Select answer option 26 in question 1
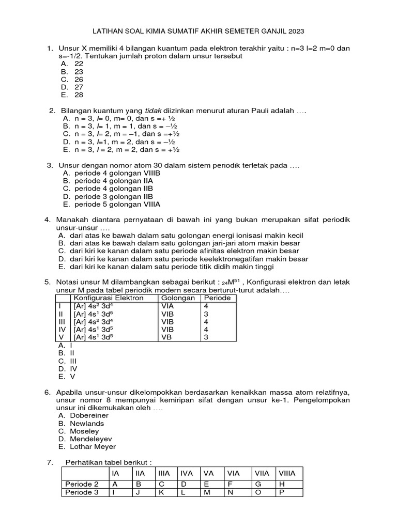point(79,80)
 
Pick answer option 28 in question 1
point(79,95)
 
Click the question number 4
point(48,220)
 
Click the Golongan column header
point(178,298)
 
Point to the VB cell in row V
point(167,336)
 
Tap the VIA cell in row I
point(168,306)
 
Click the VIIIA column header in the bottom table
point(287,473)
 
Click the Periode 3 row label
point(82,492)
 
